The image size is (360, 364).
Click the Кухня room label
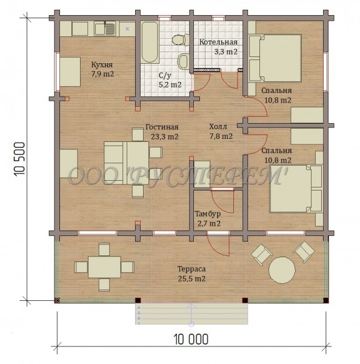pyautogui.click(x=102, y=64)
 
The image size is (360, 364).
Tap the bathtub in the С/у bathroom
pyautogui.click(x=150, y=42)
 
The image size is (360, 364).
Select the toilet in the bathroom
pyautogui.click(x=181, y=39)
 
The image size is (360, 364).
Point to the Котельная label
pyautogui.click(x=218, y=42)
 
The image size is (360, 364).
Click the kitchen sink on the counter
pyautogui.click(x=105, y=29)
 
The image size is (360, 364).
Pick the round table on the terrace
pyautogui.click(x=282, y=270)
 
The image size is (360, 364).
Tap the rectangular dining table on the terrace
pyautogui.click(x=104, y=267)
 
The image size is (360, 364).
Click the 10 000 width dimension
pyautogui.click(x=191, y=339)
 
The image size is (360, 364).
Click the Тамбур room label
pyautogui.click(x=208, y=214)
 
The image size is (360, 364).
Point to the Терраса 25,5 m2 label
pyautogui.click(x=192, y=274)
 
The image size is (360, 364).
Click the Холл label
pyautogui.click(x=218, y=127)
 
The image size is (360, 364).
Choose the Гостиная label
pyautogui.click(x=162, y=127)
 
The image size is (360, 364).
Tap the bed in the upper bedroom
pyautogui.click(x=275, y=58)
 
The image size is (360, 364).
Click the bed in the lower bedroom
pyautogui.click(x=296, y=189)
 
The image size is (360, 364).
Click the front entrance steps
pyautogui.click(x=192, y=314)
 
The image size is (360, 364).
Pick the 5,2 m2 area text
pyautogui.click(x=170, y=84)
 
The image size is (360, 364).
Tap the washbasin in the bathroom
pyautogui.click(x=184, y=61)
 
